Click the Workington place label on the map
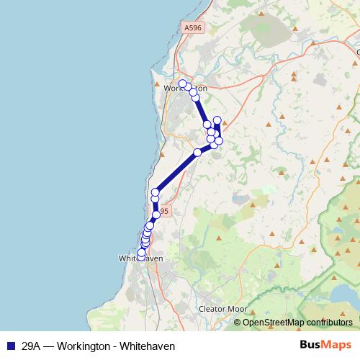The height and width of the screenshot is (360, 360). point(186,89)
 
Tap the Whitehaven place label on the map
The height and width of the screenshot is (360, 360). point(140,258)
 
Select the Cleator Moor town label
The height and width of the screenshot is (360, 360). point(222,309)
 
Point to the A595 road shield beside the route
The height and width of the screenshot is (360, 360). point(163,212)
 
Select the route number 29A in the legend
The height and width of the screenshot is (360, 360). point(30,346)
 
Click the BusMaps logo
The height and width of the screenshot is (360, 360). point(326,345)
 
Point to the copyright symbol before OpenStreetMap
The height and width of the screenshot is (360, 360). point(238,323)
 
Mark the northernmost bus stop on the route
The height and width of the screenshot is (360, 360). point(183,84)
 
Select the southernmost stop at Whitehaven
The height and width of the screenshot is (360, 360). point(141,254)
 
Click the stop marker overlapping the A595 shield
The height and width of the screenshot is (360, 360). point(156,215)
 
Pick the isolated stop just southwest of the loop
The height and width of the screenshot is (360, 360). point(197,152)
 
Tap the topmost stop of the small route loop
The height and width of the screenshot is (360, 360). point(217,120)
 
